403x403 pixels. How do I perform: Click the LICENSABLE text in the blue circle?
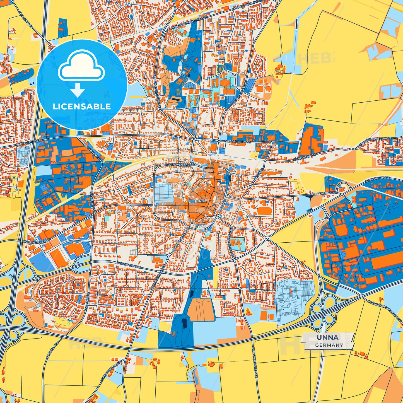(82, 107)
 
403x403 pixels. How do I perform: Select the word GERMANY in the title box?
(329, 345)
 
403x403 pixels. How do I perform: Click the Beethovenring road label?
(178, 165)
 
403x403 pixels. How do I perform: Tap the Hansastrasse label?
(30, 142)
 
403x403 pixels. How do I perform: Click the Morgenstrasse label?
(323, 193)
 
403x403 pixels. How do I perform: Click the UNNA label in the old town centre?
(201, 201)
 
